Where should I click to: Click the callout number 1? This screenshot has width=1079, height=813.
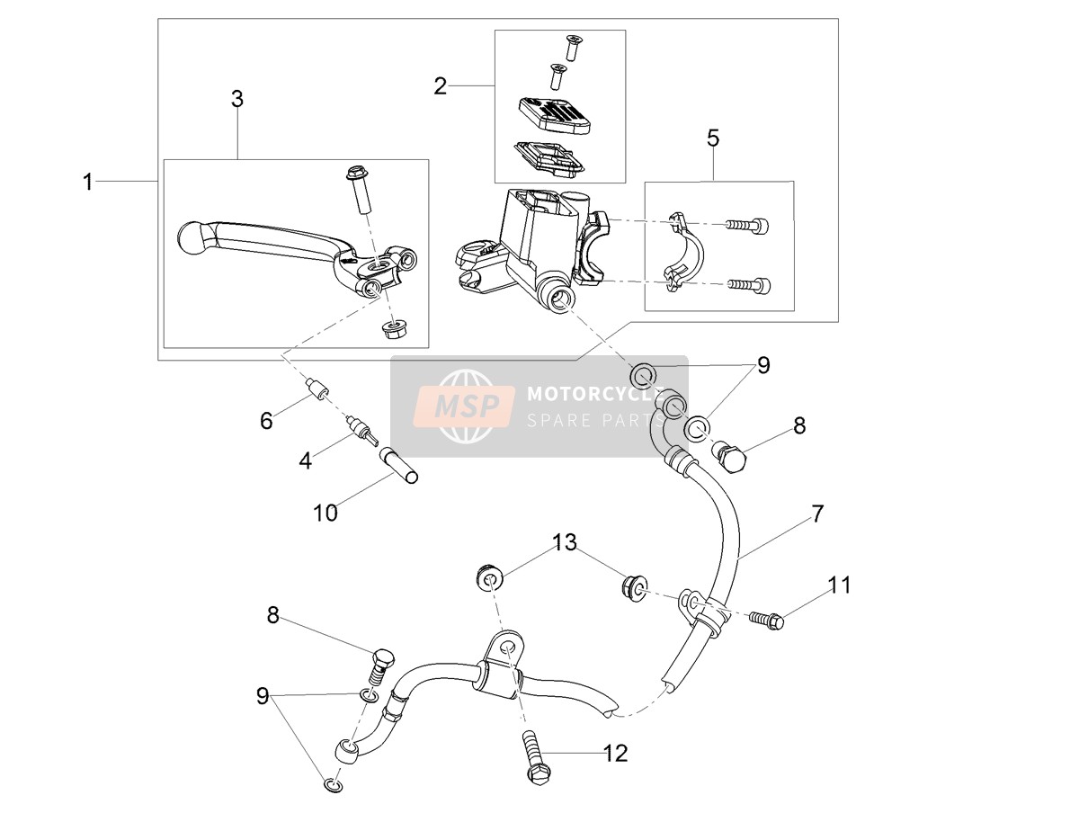click(88, 182)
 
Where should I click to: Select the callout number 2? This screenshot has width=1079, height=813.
click(440, 86)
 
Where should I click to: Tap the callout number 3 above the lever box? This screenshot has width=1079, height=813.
click(237, 99)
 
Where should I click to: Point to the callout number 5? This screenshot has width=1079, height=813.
click(713, 138)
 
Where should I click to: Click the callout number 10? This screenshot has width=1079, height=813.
click(325, 514)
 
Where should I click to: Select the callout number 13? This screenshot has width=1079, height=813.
click(565, 542)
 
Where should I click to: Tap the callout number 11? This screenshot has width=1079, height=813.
click(839, 585)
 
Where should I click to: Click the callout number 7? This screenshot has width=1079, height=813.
click(816, 514)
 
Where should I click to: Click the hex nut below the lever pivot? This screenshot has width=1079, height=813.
click(394, 330)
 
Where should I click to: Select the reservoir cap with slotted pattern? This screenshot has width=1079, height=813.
click(554, 114)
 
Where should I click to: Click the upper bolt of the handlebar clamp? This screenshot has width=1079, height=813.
click(746, 226)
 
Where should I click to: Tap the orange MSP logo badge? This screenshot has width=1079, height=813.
click(464, 406)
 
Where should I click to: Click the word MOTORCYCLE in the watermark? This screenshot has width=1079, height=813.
click(596, 394)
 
